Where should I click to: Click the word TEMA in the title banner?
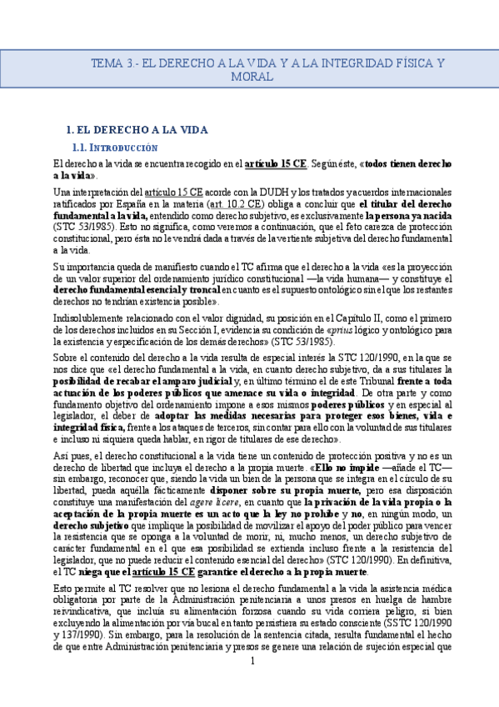[106, 63]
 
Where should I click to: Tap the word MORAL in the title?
[253, 77]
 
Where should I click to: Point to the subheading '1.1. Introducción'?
[116, 147]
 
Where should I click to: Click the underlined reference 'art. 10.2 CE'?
[239, 203]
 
